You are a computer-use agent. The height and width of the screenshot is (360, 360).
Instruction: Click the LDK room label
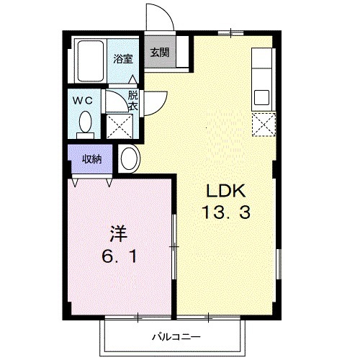(227, 191)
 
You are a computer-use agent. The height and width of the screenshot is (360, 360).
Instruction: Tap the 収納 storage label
(90, 159)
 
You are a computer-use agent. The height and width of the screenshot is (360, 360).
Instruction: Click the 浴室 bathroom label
(123, 60)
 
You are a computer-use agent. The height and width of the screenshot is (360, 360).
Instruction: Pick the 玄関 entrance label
(160, 53)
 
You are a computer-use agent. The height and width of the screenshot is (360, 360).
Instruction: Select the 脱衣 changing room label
(133, 101)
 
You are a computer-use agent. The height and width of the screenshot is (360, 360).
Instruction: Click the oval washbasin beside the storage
(130, 158)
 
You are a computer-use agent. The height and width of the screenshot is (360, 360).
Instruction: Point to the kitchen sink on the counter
(261, 96)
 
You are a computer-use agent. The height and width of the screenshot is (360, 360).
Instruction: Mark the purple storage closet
(90, 159)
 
